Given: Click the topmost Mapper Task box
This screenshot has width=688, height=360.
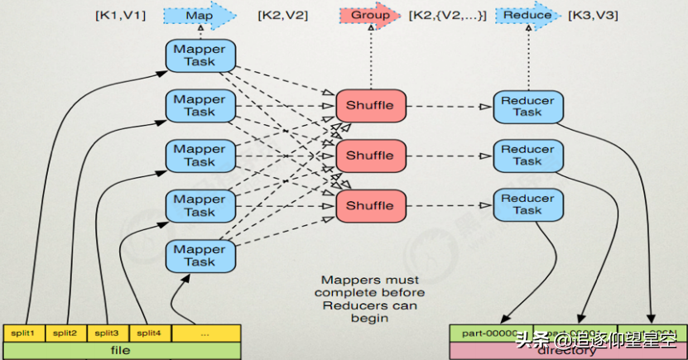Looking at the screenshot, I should (x=200, y=55).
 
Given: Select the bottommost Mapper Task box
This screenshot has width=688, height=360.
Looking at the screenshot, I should (x=200, y=255).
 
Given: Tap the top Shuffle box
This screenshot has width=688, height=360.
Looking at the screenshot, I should (x=370, y=105).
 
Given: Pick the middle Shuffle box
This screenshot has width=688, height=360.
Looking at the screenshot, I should (x=370, y=156).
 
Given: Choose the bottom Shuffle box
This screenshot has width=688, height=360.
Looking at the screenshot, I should (x=370, y=205).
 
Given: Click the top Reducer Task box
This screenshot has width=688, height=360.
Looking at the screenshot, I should (x=527, y=106).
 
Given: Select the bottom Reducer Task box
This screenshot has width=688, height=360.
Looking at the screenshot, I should (x=527, y=204).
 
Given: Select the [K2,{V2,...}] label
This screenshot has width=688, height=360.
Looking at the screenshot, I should (x=447, y=15).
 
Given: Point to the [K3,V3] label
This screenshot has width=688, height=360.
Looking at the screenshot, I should (x=591, y=15).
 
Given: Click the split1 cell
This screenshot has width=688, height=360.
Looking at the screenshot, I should (x=24, y=333).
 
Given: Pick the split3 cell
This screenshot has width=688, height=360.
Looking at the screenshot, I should (x=107, y=333).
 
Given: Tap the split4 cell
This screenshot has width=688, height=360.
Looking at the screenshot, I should (x=148, y=333).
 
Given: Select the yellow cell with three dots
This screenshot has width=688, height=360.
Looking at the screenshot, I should (x=204, y=333).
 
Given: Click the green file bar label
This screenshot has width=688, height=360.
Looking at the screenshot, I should (x=121, y=350).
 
